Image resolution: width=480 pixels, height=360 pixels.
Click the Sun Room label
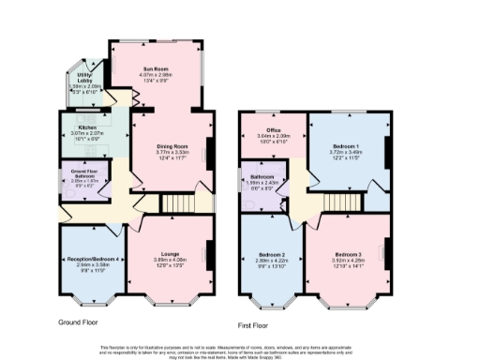pyautogui.click(x=155, y=68)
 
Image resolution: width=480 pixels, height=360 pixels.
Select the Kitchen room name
pyautogui.click(x=88, y=127)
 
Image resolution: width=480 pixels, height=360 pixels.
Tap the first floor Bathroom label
pyautogui.click(x=261, y=176)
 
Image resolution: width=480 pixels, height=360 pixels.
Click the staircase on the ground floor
pyautogui.click(x=175, y=202)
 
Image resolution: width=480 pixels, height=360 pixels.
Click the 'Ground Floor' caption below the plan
pyautogui.click(x=80, y=322)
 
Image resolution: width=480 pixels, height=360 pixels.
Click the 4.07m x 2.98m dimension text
pyautogui.click(x=155, y=75)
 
